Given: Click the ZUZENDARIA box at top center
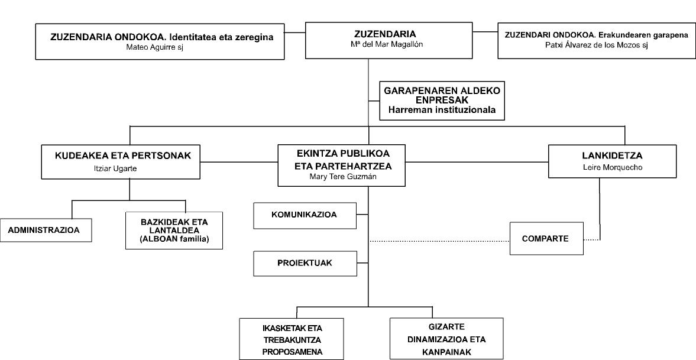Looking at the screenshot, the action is click(389, 40).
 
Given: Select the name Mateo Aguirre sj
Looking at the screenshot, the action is click(154, 47).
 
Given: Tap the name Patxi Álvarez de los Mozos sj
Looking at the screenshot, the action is click(597, 45).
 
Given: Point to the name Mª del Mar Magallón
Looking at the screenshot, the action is click(384, 44).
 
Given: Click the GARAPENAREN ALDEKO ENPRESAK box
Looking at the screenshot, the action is click(442, 100).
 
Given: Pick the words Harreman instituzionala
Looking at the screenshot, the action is click(442, 110).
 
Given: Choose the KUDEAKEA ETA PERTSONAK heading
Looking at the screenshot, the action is click(123, 156).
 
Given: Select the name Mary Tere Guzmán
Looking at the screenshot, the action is click(341, 176).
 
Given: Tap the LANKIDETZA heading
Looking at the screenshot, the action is click(612, 156).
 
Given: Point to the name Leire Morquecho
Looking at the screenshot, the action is click(612, 167).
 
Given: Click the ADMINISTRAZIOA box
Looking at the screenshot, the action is click(46, 230).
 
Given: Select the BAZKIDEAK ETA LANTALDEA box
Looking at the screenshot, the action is click(174, 231).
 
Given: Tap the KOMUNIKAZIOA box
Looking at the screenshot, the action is click(305, 216).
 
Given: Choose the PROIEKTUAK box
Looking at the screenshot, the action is click(305, 264).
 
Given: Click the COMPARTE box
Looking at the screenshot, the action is click(546, 239).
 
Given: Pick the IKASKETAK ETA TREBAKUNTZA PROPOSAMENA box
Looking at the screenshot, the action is click(292, 339).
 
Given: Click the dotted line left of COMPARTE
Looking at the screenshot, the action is click(439, 241).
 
